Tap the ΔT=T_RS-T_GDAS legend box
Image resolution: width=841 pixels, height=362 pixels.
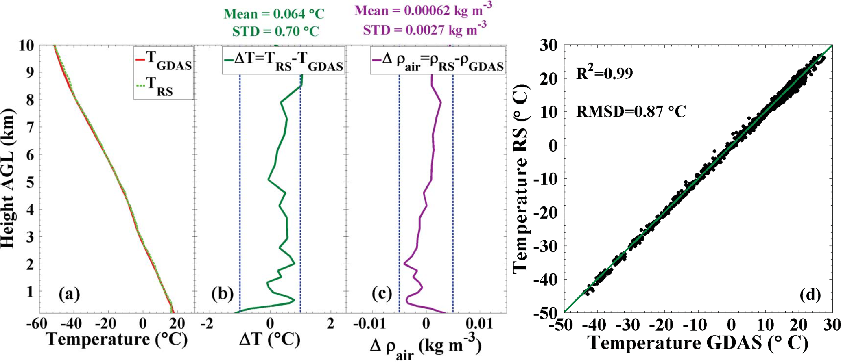point(284,61)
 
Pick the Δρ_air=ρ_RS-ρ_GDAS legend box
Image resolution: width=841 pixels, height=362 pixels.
point(438,61)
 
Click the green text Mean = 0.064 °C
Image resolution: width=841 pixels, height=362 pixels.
point(274,14)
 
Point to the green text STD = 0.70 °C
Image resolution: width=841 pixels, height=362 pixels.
point(275,31)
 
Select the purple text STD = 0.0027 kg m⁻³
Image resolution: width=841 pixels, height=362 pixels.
point(424,29)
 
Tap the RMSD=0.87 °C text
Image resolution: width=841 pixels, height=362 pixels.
point(631,111)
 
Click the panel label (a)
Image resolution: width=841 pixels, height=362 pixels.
point(69,293)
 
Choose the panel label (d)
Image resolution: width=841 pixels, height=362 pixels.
point(810,295)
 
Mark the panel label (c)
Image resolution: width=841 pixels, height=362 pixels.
point(381,293)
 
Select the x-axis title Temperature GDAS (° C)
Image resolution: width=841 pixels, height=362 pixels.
point(698,344)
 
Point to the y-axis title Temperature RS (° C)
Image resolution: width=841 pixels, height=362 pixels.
point(521,179)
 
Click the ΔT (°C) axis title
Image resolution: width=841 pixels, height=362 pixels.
point(270,340)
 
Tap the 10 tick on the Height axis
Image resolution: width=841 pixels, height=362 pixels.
point(28,46)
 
